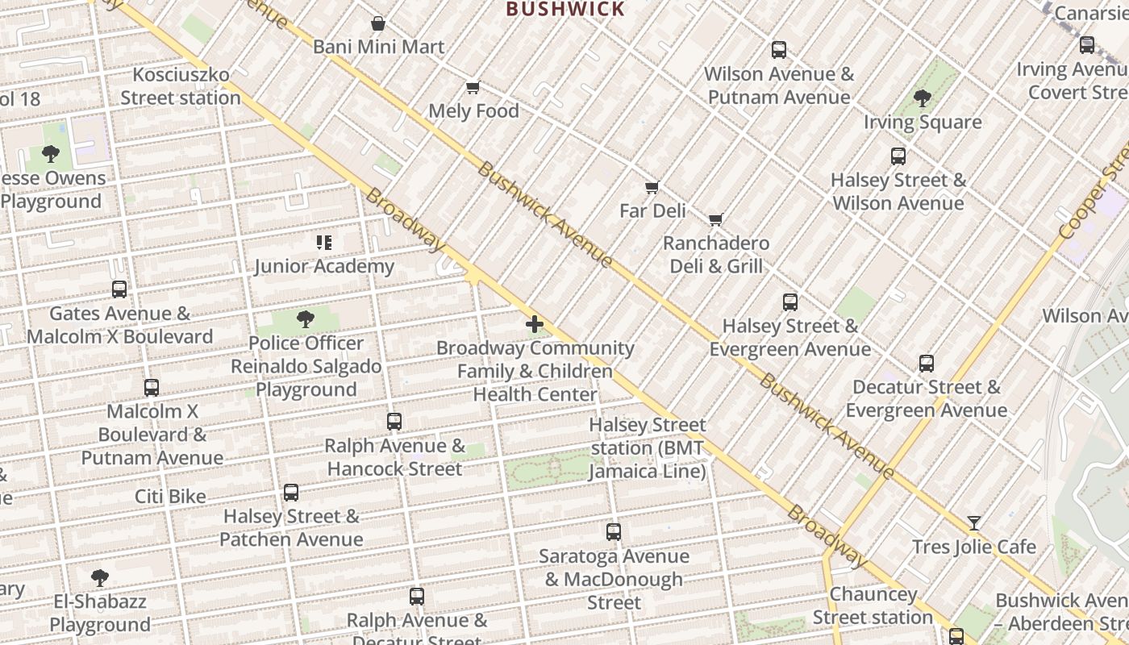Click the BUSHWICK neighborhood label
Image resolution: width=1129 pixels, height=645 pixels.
(564, 10)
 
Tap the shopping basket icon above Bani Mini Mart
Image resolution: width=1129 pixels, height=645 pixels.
(377, 24)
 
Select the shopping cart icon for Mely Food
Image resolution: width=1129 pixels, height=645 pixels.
(473, 87)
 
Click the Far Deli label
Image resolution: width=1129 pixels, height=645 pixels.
(652, 210)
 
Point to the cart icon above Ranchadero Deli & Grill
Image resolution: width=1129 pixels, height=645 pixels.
(715, 219)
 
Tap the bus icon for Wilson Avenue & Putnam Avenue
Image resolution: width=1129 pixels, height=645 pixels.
(778, 50)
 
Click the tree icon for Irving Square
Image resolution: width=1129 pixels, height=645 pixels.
(923, 98)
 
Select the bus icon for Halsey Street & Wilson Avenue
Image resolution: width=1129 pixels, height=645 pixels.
(898, 156)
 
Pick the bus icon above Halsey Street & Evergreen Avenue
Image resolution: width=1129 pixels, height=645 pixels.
(789, 302)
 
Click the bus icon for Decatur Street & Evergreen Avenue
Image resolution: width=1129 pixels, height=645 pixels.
(926, 364)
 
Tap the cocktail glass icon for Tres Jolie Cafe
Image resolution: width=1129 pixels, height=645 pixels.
(973, 523)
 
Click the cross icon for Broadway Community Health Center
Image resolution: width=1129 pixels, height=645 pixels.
(535, 324)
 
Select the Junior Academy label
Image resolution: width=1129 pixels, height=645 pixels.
(324, 266)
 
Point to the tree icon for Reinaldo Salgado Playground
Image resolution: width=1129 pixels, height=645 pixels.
(305, 319)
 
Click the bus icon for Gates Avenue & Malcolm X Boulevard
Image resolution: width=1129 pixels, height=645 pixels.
(119, 289)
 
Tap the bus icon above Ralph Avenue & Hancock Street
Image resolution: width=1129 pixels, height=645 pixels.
(394, 422)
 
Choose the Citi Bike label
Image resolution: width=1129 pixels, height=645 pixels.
(170, 496)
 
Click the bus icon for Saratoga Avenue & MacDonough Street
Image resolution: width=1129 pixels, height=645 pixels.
(613, 532)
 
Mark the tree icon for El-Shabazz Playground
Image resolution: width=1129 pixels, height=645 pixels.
(100, 578)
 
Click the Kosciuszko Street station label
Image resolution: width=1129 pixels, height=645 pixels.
(181, 86)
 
